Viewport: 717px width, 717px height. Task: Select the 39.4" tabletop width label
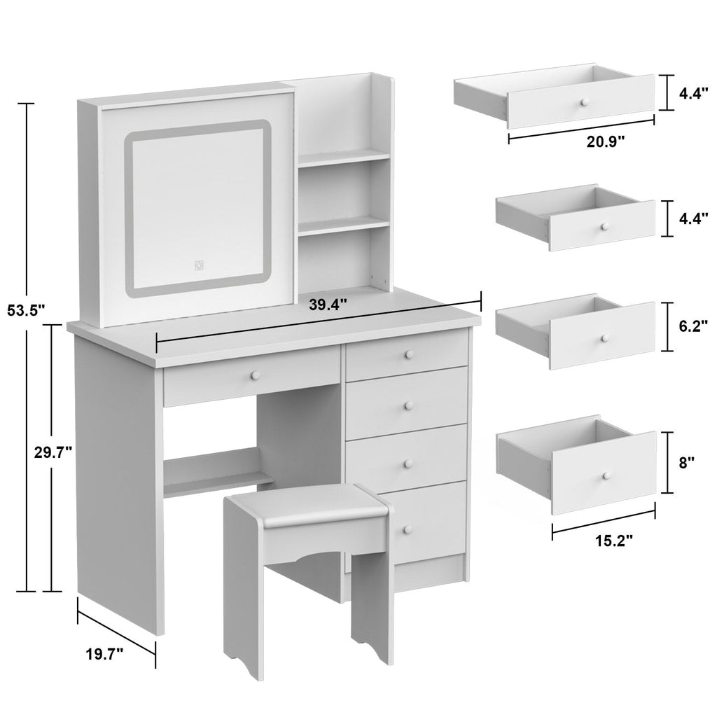click(x=328, y=305)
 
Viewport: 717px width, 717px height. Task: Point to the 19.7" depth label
click(x=104, y=655)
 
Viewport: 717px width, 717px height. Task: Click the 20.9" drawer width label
click(x=606, y=140)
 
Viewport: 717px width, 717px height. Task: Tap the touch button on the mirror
click(x=199, y=265)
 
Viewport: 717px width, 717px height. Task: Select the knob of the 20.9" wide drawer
click(x=581, y=103)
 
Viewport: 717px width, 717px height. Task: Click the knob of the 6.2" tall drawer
click(x=603, y=338)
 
